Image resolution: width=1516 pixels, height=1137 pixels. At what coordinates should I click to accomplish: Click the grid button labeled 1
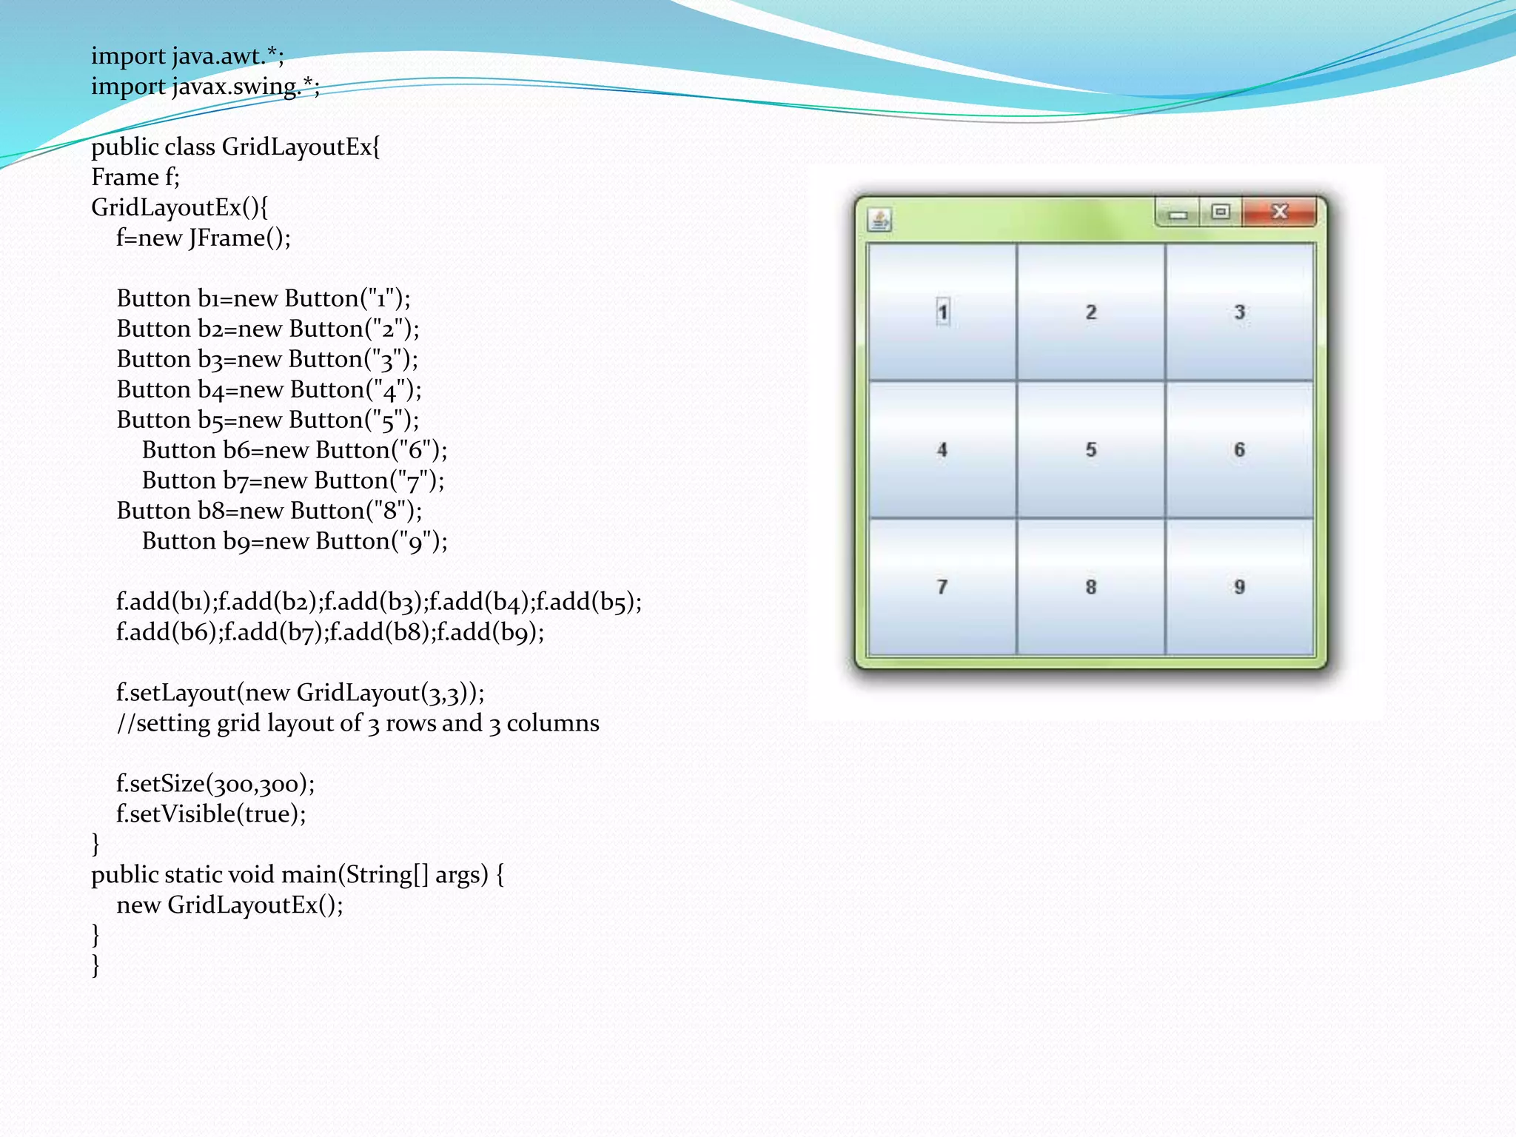[942, 312]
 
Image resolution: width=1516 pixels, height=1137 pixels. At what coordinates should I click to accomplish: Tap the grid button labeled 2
[1091, 312]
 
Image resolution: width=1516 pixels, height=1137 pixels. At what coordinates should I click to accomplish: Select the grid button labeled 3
[1240, 312]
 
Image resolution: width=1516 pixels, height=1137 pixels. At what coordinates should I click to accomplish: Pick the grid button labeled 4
[942, 449]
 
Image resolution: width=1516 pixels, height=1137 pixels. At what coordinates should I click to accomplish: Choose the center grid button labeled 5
[1091, 449]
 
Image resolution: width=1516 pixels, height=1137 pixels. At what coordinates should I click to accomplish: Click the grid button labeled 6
[1240, 449]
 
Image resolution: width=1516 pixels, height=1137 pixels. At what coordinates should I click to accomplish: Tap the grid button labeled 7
[942, 587]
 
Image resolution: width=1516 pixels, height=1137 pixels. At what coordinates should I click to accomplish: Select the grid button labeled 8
[1091, 587]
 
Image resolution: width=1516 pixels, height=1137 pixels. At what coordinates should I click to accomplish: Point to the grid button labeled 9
[1240, 587]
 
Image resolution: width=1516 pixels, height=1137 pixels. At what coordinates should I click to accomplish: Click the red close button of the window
[1280, 212]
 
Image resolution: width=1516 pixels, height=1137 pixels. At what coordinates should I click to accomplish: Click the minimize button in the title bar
[1178, 214]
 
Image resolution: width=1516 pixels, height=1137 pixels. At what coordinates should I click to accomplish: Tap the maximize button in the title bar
[1221, 212]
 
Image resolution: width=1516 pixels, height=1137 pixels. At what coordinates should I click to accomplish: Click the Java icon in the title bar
[880, 220]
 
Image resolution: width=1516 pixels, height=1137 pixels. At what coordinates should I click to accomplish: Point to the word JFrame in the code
[227, 238]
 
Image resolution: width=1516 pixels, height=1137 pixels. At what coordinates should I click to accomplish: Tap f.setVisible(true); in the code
[211, 814]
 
